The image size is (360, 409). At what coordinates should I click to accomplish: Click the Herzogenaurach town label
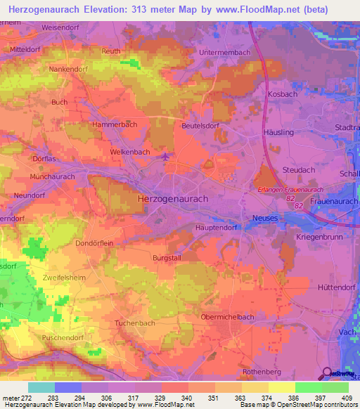click(x=173, y=199)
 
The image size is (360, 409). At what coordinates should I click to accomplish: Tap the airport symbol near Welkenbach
click(x=165, y=156)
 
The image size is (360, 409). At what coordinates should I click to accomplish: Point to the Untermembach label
click(x=224, y=53)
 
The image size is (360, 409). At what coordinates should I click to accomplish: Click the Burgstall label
click(x=167, y=258)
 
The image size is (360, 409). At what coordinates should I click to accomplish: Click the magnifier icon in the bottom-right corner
click(x=328, y=372)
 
